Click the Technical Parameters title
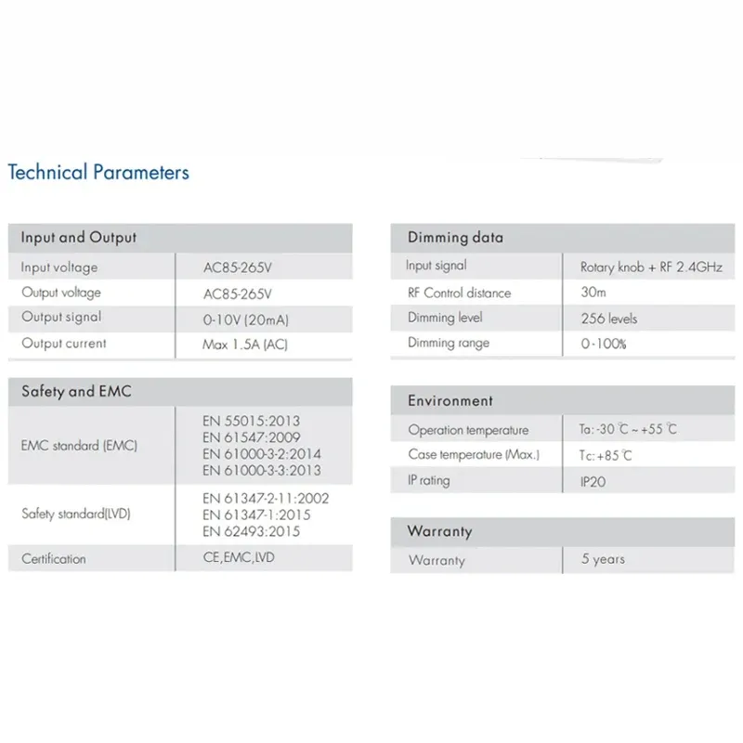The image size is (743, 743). pyautogui.click(x=98, y=172)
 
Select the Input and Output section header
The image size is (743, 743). pyautogui.click(x=78, y=238)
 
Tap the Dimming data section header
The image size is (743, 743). pyautogui.click(x=455, y=238)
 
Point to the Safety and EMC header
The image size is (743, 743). pyautogui.click(x=76, y=391)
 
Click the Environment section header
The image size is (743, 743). pyautogui.click(x=450, y=401)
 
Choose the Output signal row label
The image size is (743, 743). pyautogui.click(x=61, y=317)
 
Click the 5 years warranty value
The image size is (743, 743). pyautogui.click(x=603, y=559)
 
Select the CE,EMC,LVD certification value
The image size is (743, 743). pyautogui.click(x=239, y=558)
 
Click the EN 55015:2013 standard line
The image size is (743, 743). pyautogui.click(x=251, y=421)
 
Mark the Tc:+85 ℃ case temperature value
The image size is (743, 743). pyautogui.click(x=599, y=455)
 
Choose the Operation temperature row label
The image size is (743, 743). pyautogui.click(x=468, y=430)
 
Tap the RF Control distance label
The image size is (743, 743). pyautogui.click(x=459, y=293)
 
